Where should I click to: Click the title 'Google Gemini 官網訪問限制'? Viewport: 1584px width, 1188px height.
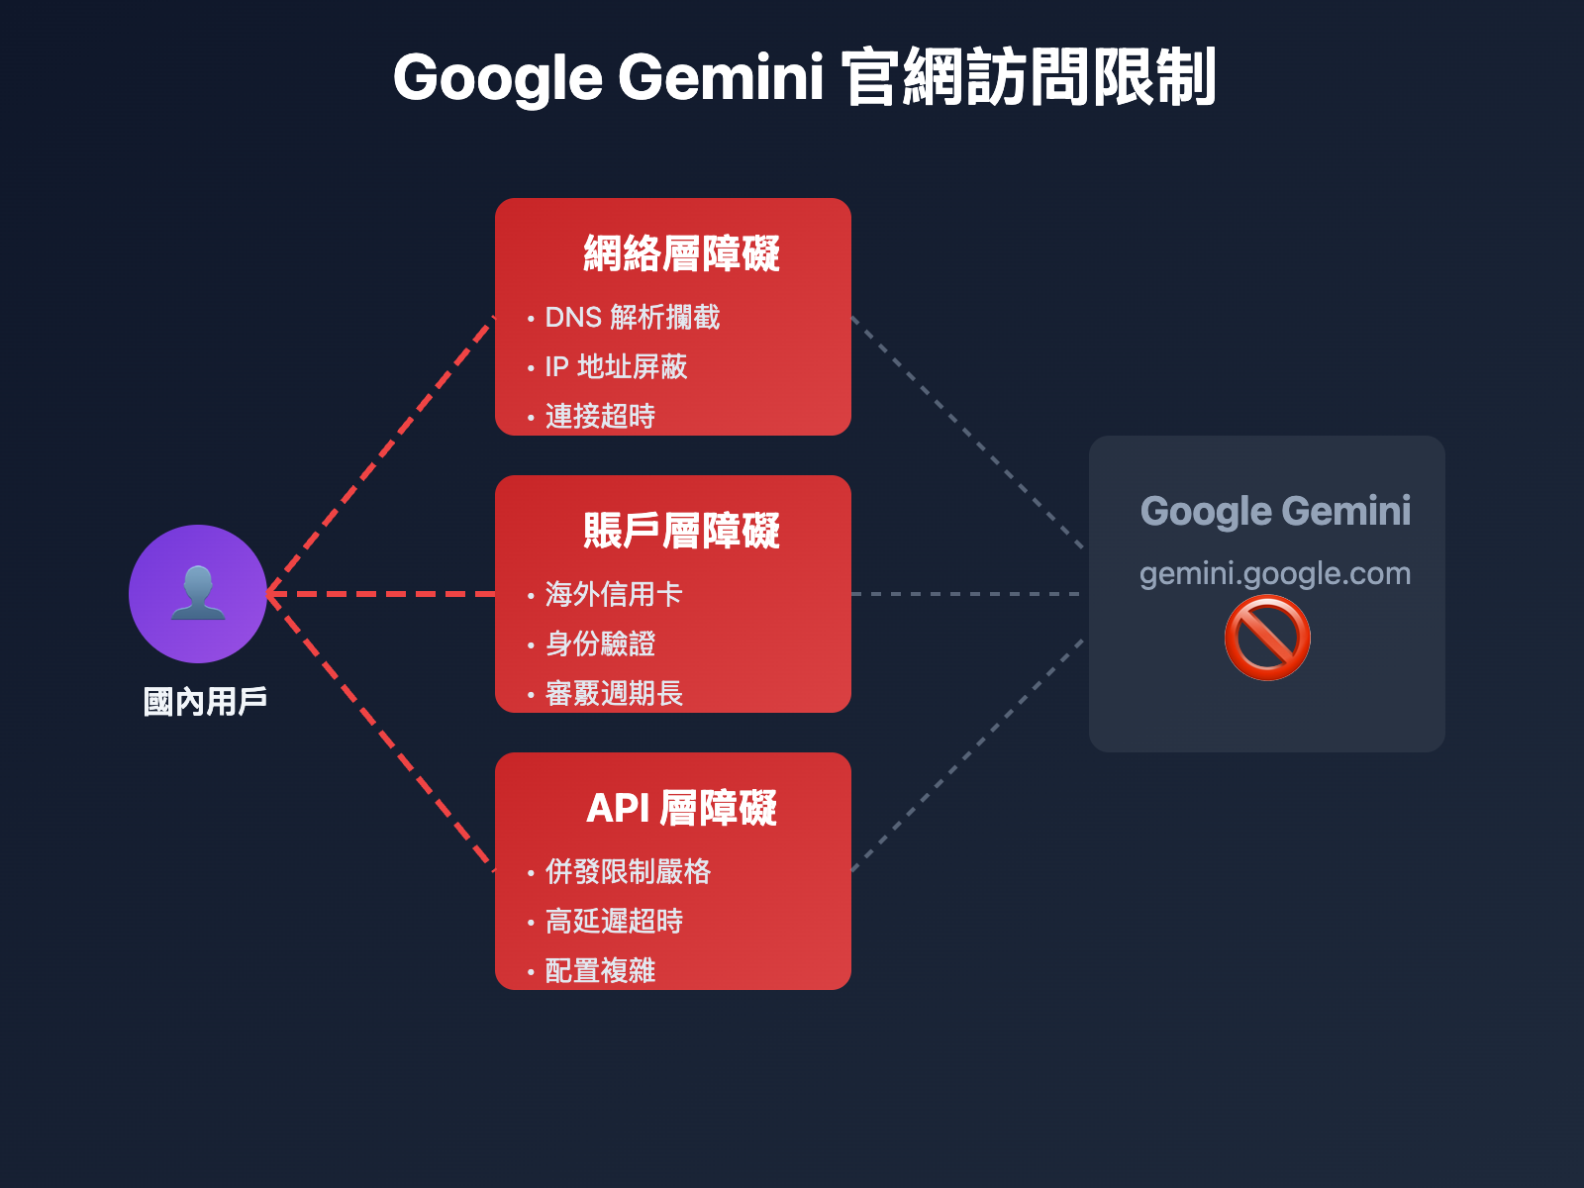(804, 77)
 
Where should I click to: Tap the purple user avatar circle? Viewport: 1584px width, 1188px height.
(198, 594)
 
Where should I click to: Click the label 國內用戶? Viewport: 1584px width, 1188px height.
(205, 702)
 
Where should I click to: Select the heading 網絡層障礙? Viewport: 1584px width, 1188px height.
(681, 253)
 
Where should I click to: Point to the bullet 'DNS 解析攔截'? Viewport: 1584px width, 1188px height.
(632, 318)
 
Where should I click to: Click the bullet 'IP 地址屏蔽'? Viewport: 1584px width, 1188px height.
(615, 367)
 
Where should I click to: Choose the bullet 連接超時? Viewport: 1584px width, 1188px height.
(600, 417)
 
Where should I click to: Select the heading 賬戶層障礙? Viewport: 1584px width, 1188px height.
(681, 531)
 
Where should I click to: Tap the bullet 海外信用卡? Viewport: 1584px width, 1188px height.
(613, 595)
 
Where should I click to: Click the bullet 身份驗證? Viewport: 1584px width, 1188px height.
(600, 644)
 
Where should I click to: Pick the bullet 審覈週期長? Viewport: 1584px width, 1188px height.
(613, 694)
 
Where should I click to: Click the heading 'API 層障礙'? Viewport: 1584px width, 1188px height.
(681, 808)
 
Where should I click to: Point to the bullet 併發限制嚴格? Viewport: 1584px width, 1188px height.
(627, 872)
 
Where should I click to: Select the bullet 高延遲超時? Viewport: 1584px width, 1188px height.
(613, 922)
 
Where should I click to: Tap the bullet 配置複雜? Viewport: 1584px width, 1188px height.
(600, 971)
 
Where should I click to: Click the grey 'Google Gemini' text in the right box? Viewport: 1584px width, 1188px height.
(1275, 511)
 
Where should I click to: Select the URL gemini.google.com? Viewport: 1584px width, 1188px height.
(1275, 573)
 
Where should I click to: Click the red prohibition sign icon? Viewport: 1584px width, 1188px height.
(1267, 639)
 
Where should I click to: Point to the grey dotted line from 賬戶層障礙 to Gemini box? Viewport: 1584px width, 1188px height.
(965, 594)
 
